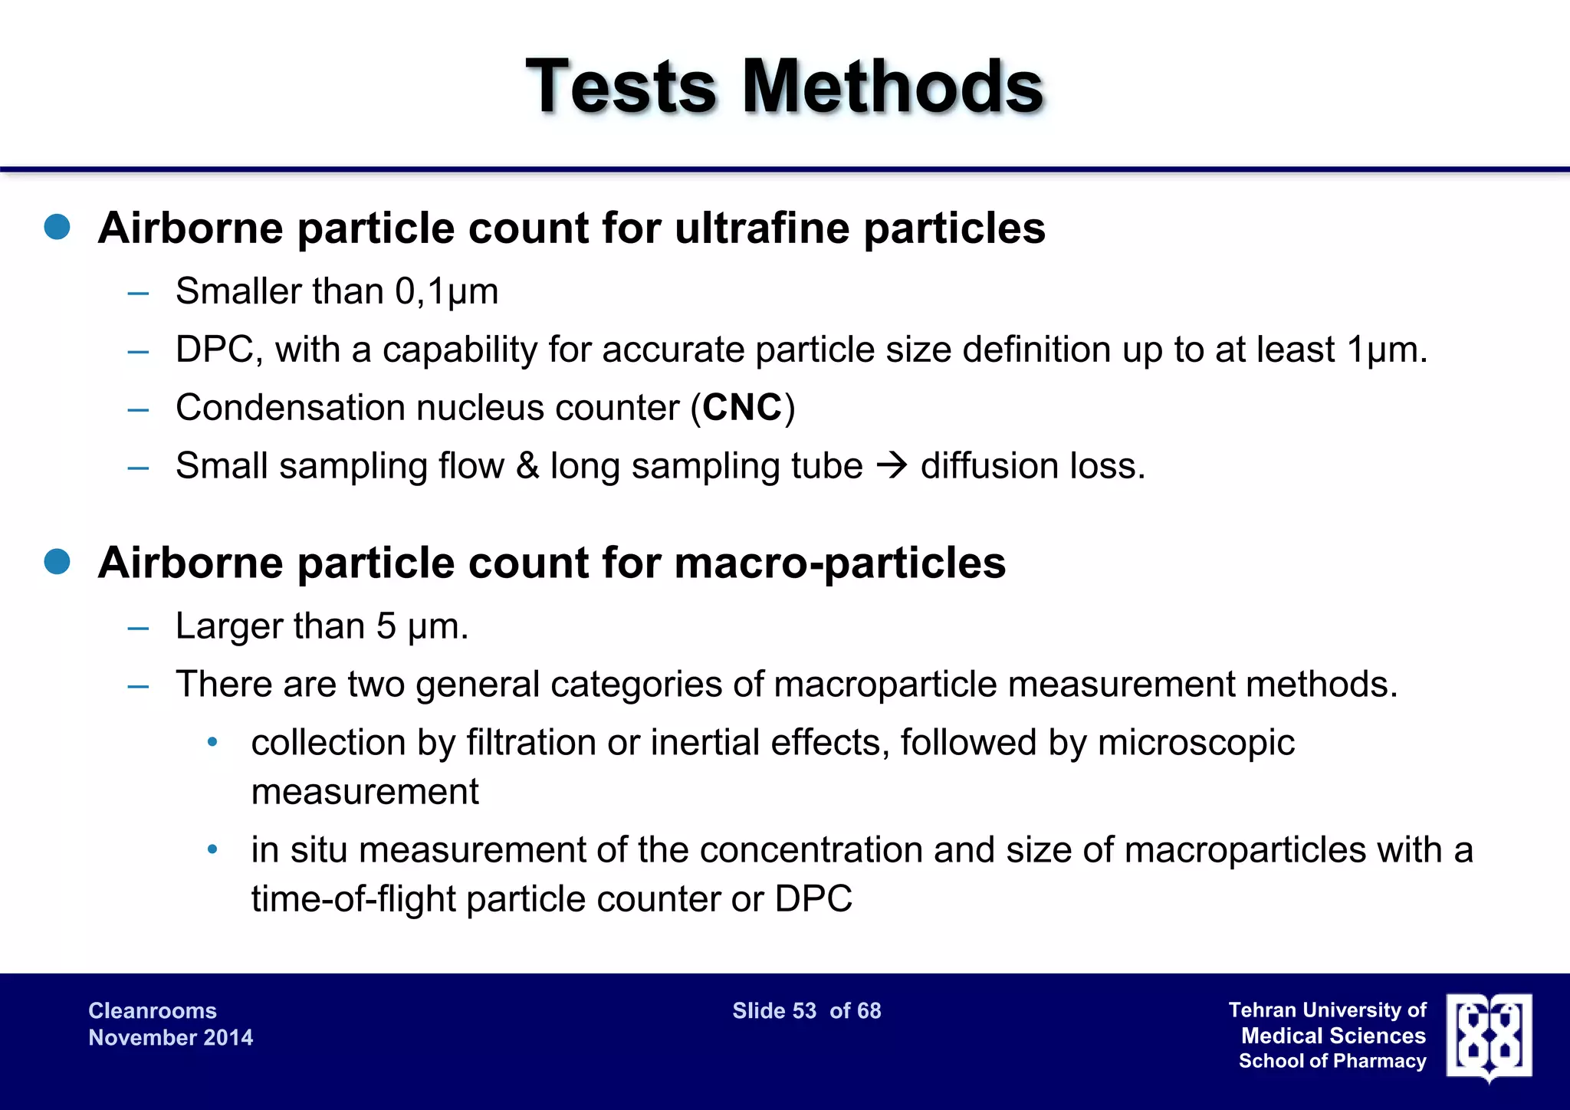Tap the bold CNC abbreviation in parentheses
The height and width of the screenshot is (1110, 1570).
(x=742, y=407)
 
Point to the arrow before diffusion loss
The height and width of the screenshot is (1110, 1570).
(x=892, y=465)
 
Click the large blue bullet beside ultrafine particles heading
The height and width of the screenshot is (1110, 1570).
(x=57, y=227)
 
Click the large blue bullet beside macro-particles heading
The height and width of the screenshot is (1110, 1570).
(x=57, y=562)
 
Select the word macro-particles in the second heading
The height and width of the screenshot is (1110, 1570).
(x=840, y=563)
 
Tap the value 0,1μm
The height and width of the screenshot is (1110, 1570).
(x=447, y=291)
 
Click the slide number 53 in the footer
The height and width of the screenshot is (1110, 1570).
(x=803, y=1010)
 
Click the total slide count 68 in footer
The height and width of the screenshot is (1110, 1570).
(x=869, y=1010)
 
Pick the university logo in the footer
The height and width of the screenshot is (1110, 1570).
(x=1489, y=1036)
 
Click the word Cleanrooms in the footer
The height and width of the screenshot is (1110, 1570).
(x=153, y=1010)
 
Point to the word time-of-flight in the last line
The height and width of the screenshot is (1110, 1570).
(x=353, y=898)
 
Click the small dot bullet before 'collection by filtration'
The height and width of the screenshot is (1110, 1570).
(x=213, y=742)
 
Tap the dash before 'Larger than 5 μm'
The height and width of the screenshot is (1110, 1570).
(x=139, y=627)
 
